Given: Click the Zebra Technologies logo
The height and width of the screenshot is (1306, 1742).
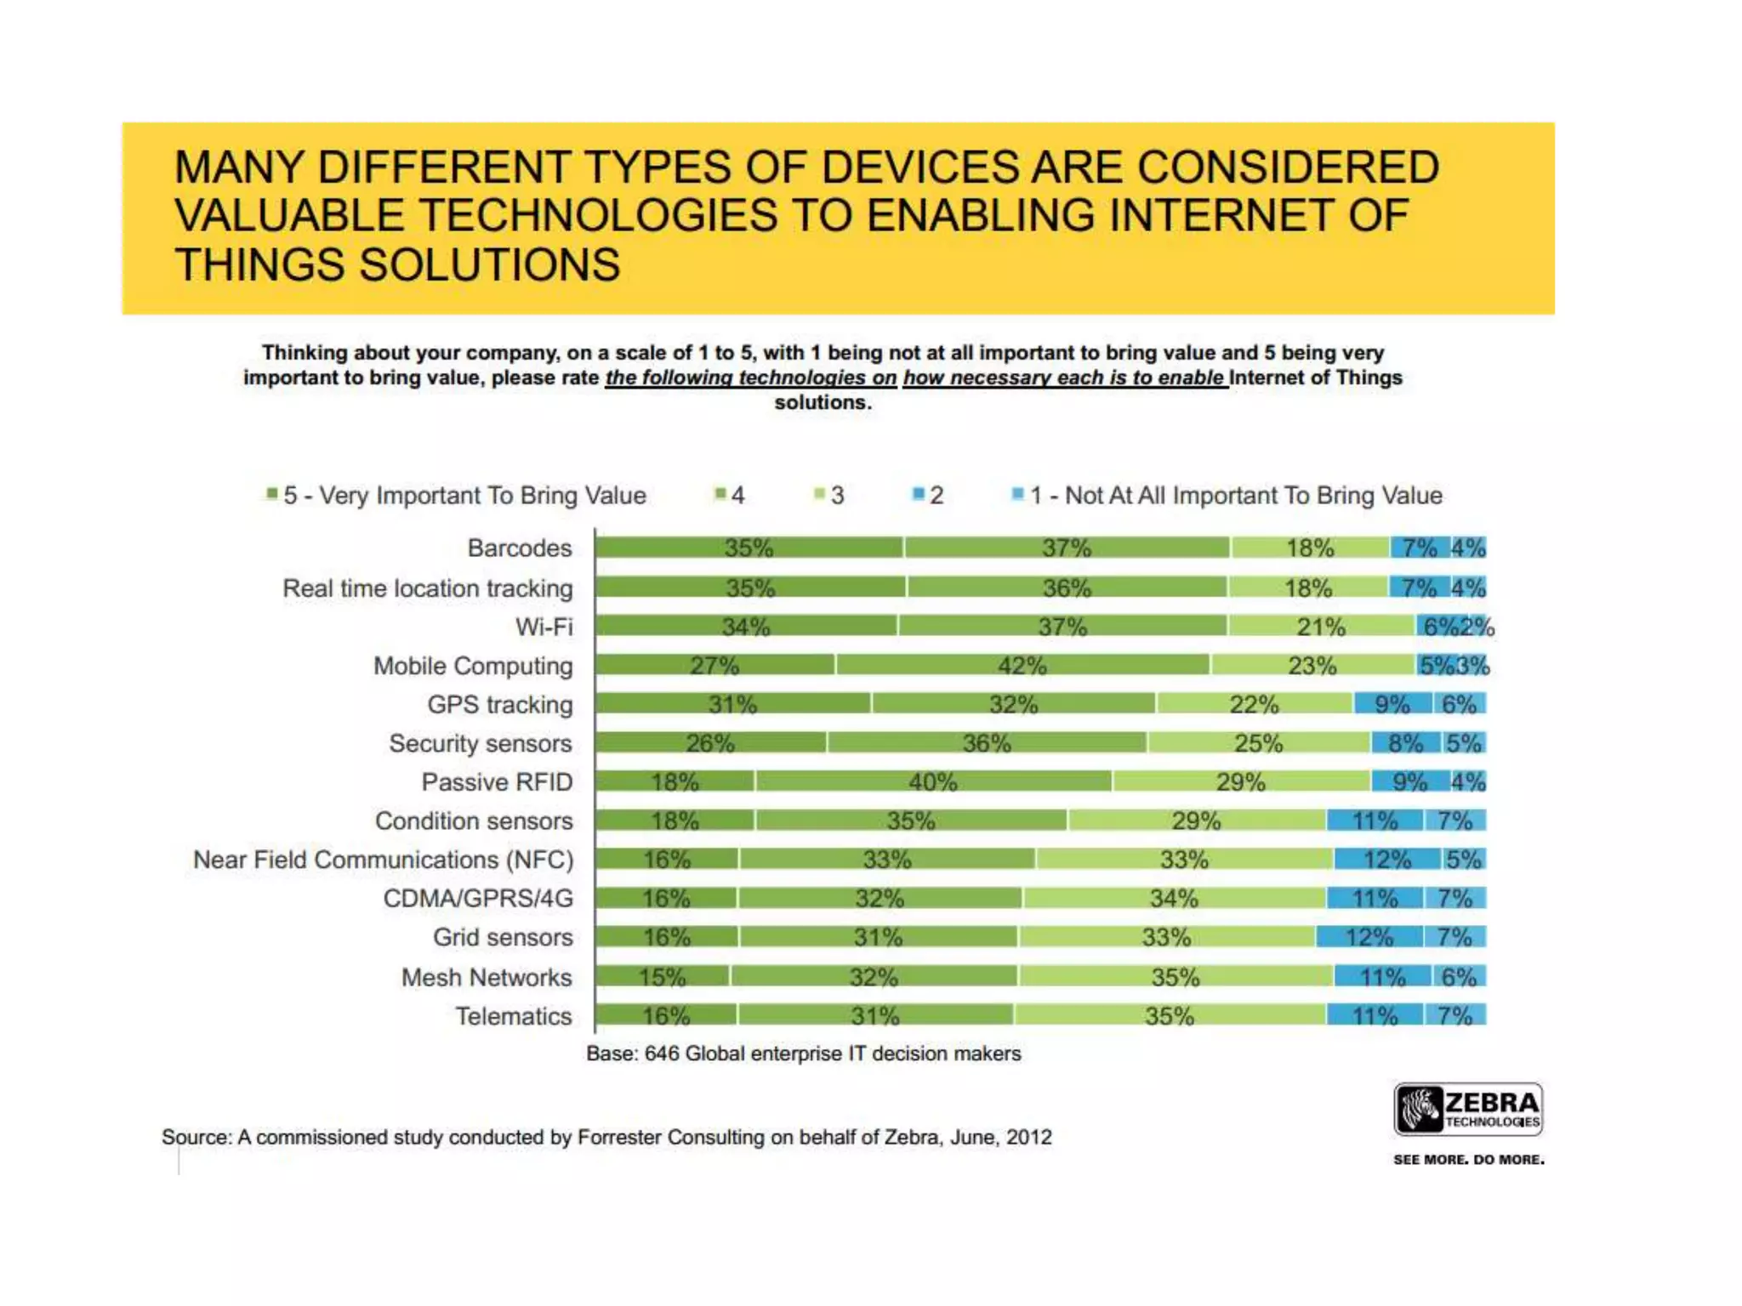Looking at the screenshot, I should click(1468, 1109).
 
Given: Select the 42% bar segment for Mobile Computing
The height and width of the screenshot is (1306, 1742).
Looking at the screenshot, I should click(1022, 665).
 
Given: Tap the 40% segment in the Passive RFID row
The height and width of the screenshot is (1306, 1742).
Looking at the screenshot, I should click(933, 781).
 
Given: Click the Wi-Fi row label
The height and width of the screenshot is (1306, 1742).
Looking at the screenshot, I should click(544, 627).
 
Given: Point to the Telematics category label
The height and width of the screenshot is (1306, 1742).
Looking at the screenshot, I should click(514, 1016).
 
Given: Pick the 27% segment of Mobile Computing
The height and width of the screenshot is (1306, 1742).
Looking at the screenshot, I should click(714, 665).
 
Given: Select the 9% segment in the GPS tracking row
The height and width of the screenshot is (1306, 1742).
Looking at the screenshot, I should click(1392, 704).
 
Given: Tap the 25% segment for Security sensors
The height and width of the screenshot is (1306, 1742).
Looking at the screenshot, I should click(1258, 743).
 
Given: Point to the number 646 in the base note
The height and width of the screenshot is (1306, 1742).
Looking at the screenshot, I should click(662, 1053).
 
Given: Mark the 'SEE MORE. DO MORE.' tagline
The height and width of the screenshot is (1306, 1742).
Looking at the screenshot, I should click(1468, 1160).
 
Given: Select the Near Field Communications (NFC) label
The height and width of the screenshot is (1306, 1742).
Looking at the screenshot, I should click(384, 860).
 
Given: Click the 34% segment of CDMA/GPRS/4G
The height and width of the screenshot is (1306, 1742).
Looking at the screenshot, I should click(1174, 898).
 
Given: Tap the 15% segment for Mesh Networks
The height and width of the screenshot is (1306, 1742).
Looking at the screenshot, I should click(662, 977).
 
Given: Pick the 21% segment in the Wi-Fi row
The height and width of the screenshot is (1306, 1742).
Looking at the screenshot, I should click(1320, 627).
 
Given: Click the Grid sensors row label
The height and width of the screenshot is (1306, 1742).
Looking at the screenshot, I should click(503, 937).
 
